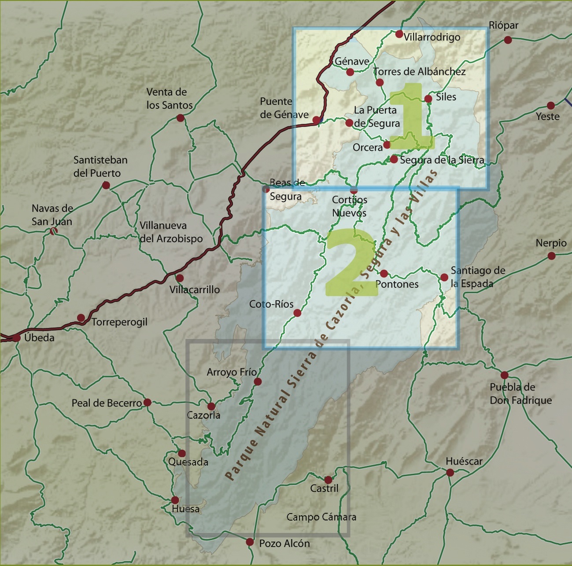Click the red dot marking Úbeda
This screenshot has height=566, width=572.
[16, 338]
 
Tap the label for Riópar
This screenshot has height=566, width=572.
[503, 26]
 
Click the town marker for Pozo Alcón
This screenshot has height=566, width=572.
[250, 542]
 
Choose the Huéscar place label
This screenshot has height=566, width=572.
[464, 462]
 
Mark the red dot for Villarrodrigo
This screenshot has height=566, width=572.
[399, 34]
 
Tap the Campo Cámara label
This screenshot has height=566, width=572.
[321, 517]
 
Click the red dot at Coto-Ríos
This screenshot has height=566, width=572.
[297, 313]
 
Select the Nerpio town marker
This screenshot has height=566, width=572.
[551, 256]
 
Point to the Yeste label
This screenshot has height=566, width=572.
[547, 117]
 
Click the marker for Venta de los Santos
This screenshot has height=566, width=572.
[180, 118]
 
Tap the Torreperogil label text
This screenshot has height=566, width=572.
[119, 322]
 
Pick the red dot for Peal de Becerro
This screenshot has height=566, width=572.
[148, 402]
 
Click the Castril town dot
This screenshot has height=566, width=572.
[328, 480]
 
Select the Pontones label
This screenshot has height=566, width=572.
[397, 284]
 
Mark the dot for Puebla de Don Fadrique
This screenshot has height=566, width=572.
[505, 376]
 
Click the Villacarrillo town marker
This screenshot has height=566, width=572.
[180, 278]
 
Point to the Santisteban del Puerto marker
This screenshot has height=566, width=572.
[106, 185]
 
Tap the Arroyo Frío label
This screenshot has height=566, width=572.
[232, 372]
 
